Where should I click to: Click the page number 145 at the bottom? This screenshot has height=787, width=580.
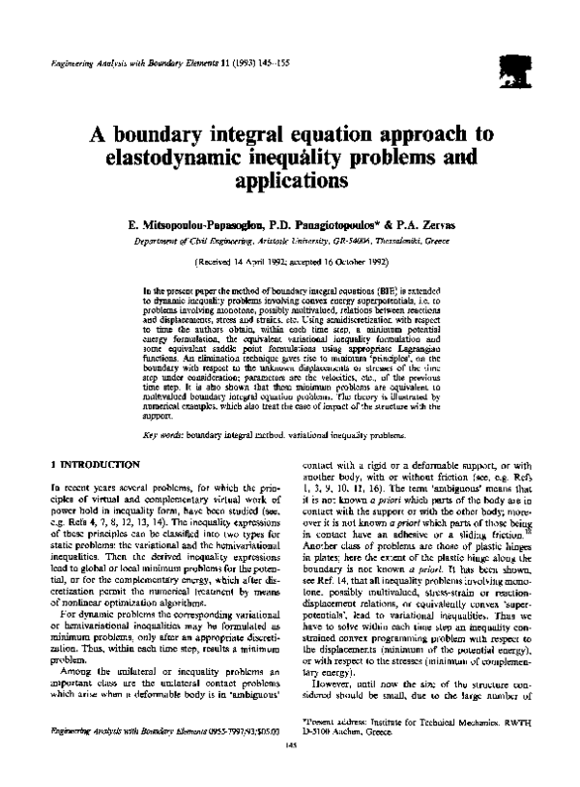click(x=289, y=771)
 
